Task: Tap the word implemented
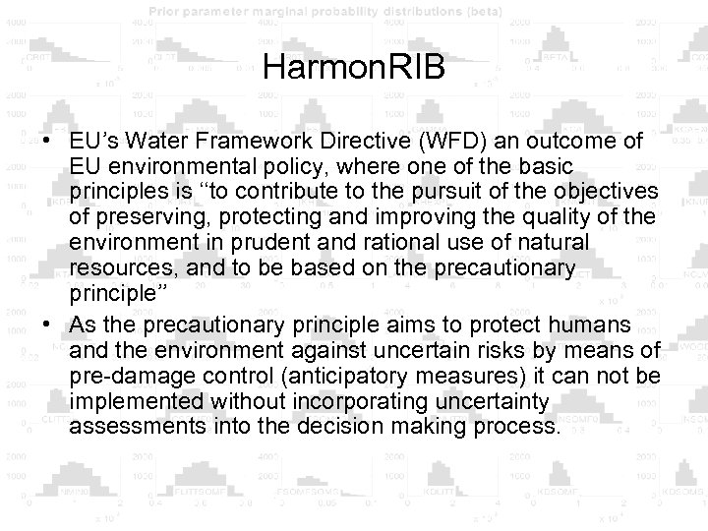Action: tap(128, 403)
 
